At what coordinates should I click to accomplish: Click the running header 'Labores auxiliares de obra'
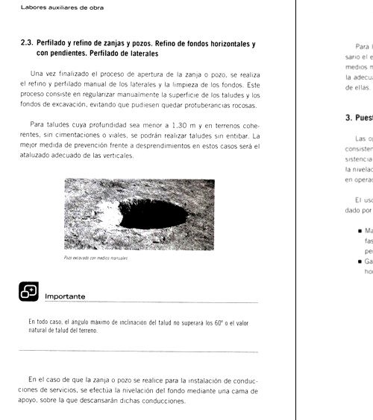click(51, 8)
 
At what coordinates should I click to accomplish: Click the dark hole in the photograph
click(153, 213)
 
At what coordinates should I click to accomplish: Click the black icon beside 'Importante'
click(28, 292)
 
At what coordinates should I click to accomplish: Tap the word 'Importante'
click(66, 296)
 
